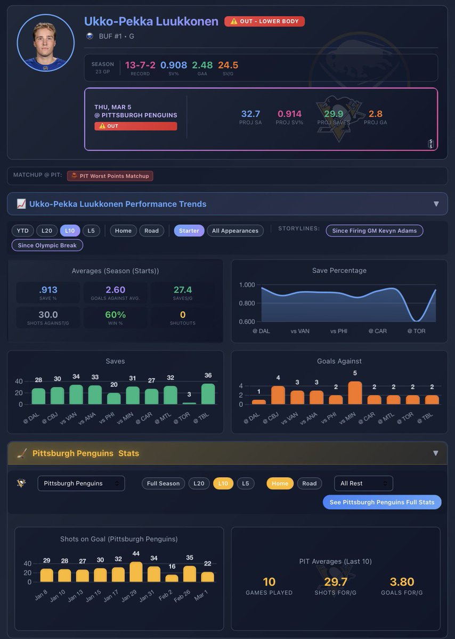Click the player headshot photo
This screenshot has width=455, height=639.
tap(45, 43)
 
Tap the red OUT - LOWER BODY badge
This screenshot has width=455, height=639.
tap(265, 21)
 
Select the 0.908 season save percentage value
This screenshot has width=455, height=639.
tap(174, 65)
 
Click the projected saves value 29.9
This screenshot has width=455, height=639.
tap(334, 113)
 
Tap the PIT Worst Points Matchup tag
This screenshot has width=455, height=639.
tap(110, 176)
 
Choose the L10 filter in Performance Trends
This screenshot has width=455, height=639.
tap(70, 231)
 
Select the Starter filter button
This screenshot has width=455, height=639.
tap(189, 231)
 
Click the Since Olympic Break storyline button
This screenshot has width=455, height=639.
tap(47, 245)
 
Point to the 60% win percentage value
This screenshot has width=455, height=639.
tap(115, 315)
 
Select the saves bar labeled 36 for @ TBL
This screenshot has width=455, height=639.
tap(208, 394)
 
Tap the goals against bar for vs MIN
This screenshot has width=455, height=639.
tap(355, 393)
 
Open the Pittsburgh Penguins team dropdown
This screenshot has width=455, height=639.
tap(81, 484)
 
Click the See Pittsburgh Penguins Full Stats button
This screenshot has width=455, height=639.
tap(381, 502)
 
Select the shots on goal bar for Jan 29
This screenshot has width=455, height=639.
tap(136, 572)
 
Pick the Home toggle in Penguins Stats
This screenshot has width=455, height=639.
tap(280, 484)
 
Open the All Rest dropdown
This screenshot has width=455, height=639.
tap(363, 484)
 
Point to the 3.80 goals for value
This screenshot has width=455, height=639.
tap(402, 581)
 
